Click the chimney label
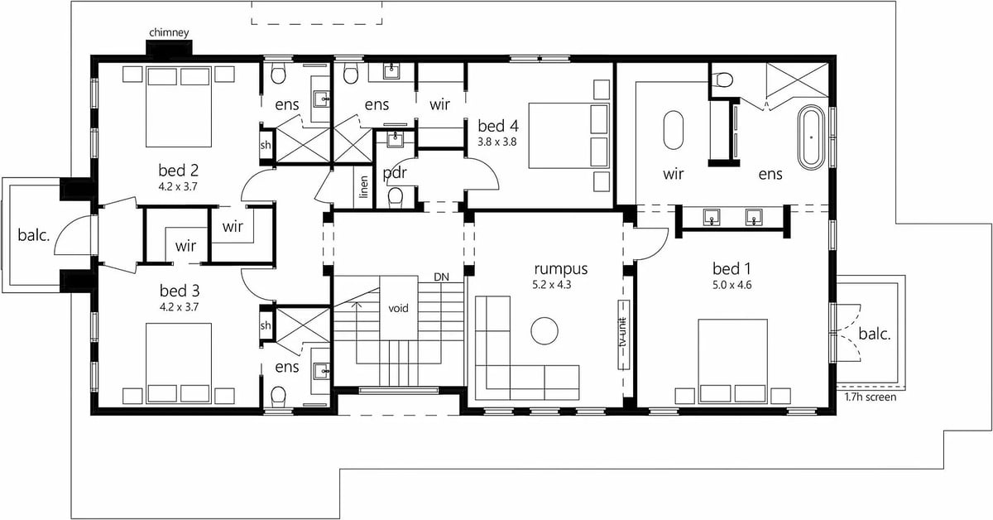[x=169, y=33]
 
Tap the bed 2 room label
[x=178, y=171]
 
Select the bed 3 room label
[x=179, y=291]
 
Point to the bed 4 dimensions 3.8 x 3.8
[x=497, y=142]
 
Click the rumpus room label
[x=561, y=269]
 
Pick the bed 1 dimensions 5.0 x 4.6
[x=732, y=285]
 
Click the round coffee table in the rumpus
[x=544, y=331]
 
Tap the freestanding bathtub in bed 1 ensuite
[x=811, y=137]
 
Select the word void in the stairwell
[x=398, y=308]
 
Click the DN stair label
[x=441, y=277]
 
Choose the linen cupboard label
[x=364, y=187]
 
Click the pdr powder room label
[x=395, y=172]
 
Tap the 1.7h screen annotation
[x=871, y=397]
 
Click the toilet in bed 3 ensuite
[x=278, y=395]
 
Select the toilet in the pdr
[x=395, y=197]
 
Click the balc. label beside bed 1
[x=874, y=334]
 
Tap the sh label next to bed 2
[x=265, y=145]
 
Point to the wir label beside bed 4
[x=439, y=105]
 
